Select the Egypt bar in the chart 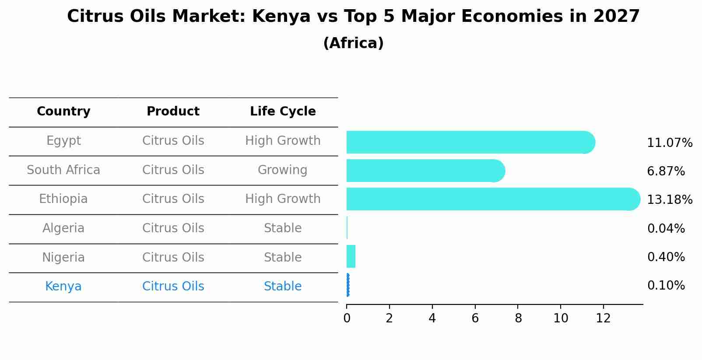pyautogui.click(x=470, y=142)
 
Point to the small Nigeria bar pyautogui.click(x=351, y=256)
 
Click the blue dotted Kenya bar pyautogui.click(x=348, y=285)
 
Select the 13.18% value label pyautogui.click(x=670, y=200)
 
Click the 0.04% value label pyautogui.click(x=666, y=229)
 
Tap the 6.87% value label pyautogui.click(x=666, y=171)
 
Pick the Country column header pyautogui.click(x=63, y=112)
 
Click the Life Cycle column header pyautogui.click(x=283, y=112)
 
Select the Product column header pyautogui.click(x=173, y=112)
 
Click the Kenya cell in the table pyautogui.click(x=63, y=287)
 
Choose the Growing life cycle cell pyautogui.click(x=283, y=170)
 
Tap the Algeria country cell pyautogui.click(x=63, y=228)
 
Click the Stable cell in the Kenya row pyautogui.click(x=283, y=287)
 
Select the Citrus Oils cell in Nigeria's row pyautogui.click(x=173, y=258)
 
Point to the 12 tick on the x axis pyautogui.click(x=603, y=318)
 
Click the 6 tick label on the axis pyautogui.click(x=475, y=318)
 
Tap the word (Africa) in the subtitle pyautogui.click(x=353, y=43)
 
